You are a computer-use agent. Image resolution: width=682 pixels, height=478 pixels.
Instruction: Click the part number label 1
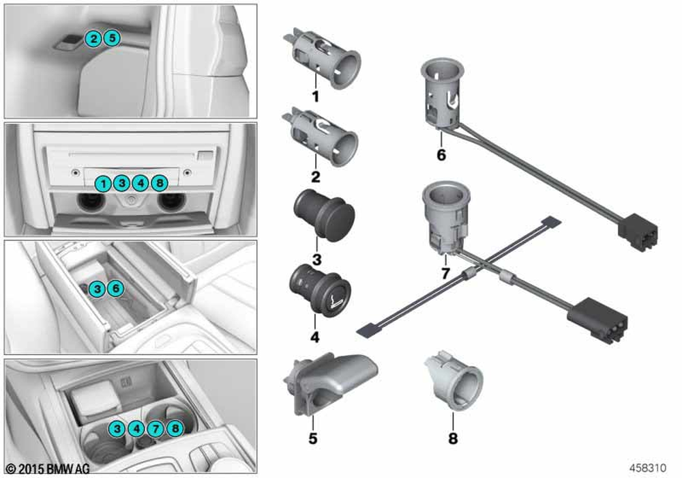coord(315,97)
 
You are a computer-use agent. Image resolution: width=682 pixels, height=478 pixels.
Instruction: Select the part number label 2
coord(315,176)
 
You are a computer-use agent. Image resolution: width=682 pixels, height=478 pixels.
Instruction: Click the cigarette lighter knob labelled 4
coord(320,290)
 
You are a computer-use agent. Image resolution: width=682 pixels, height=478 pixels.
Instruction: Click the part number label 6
coord(441,154)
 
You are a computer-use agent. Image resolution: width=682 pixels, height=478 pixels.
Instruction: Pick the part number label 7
coord(445,273)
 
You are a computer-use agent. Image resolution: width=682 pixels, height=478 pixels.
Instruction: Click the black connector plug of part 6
coord(638,231)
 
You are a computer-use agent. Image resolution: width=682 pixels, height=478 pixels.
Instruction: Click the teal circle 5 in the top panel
coord(112,38)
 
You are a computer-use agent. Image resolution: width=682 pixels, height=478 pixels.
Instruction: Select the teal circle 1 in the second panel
coord(103,183)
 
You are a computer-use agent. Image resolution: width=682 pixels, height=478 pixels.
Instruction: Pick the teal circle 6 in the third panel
coord(116,288)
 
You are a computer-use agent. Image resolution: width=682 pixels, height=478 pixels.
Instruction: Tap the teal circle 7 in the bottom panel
coord(155,429)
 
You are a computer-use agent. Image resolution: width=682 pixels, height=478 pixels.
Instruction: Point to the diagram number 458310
coord(648,468)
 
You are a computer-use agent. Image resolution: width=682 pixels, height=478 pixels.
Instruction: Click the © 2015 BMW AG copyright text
coord(48,468)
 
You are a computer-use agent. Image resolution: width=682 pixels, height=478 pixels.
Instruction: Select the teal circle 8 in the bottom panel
coord(175,429)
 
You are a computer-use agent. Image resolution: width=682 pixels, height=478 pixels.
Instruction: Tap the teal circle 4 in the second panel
coord(140,183)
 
